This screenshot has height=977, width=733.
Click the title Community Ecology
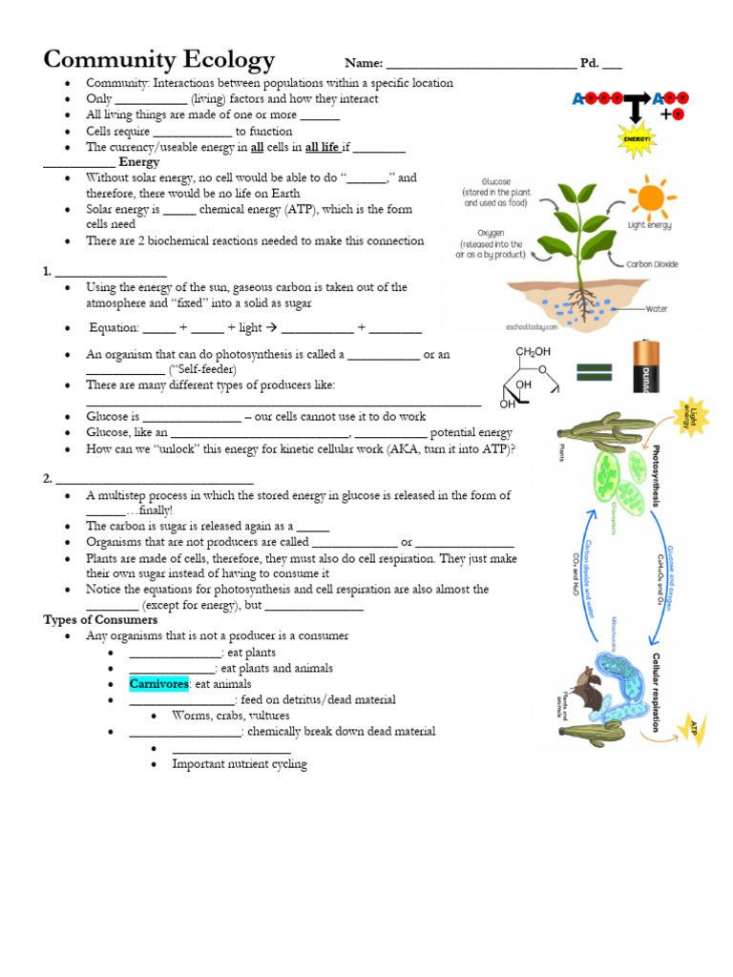click(x=159, y=60)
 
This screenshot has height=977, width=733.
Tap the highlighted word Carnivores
click(x=159, y=684)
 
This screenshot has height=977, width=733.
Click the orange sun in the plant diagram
click(x=650, y=197)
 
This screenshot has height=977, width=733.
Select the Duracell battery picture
click(x=647, y=366)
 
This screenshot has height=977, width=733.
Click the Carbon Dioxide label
click(x=653, y=264)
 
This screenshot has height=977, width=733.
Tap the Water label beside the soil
click(x=657, y=309)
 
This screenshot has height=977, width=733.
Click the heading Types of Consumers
click(x=87, y=619)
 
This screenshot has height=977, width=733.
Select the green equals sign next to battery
click(x=594, y=371)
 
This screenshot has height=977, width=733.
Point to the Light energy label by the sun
click(x=649, y=225)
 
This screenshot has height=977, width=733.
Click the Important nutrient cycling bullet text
click(x=240, y=764)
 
